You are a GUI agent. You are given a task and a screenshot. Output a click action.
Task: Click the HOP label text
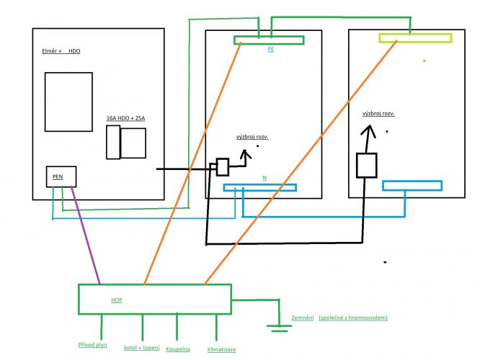tap(117, 300)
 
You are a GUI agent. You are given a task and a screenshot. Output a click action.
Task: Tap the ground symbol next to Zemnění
tap(279, 328)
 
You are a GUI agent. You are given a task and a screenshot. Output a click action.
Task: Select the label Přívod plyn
tap(92, 345)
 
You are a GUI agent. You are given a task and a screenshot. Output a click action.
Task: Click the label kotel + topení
tap(142, 348)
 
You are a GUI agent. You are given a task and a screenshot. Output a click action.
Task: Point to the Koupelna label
tap(178, 349)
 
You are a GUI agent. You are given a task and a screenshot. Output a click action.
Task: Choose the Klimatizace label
tap(221, 349)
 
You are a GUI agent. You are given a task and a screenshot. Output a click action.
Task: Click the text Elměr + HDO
tap(61, 51)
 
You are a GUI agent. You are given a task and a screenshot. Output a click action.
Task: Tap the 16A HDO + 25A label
tap(125, 118)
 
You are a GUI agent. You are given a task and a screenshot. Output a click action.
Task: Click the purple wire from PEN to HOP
tap(86, 235)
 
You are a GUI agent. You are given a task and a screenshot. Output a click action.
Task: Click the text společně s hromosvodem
tap(353, 318)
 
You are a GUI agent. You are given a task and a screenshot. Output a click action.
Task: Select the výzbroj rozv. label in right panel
tap(378, 114)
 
